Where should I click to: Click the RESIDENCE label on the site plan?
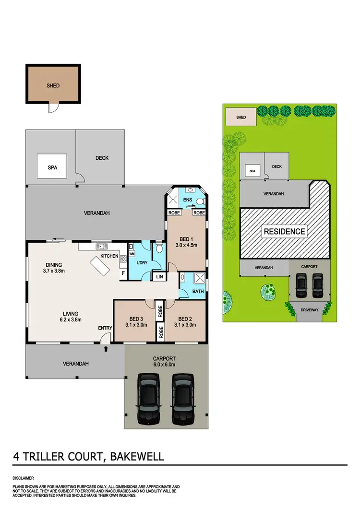284,231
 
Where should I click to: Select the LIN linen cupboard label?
158,276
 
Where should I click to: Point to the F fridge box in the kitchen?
123,273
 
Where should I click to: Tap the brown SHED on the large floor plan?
53,85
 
